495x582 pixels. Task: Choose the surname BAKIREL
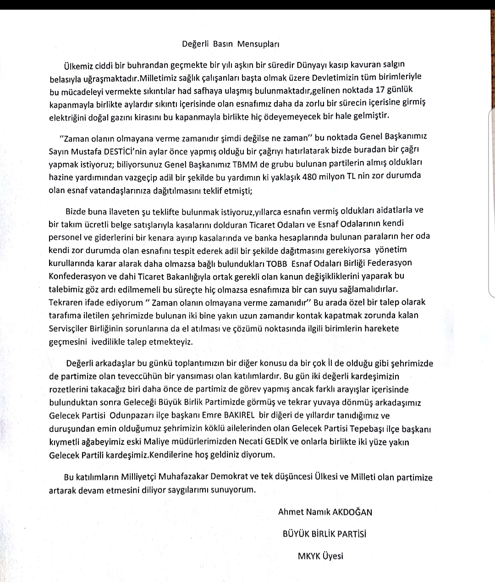click(x=235, y=416)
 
